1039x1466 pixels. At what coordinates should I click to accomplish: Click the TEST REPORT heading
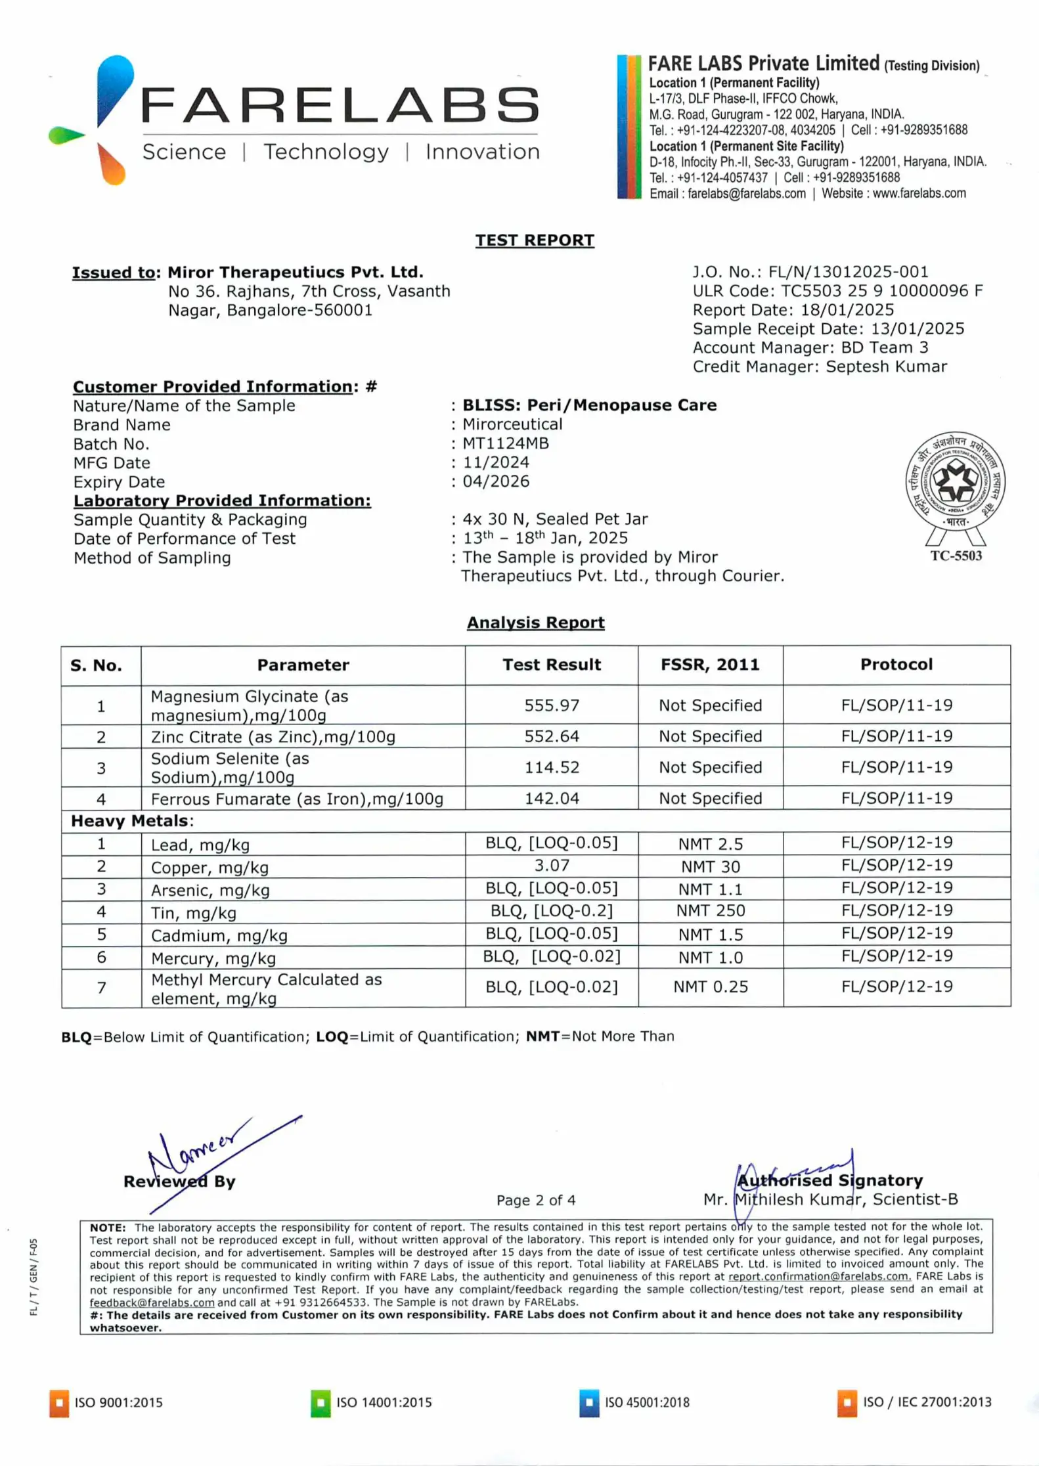pyautogui.click(x=534, y=240)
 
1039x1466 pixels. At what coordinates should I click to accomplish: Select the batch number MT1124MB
pyautogui.click(x=505, y=443)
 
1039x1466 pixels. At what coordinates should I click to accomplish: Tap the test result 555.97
pyautogui.click(x=551, y=705)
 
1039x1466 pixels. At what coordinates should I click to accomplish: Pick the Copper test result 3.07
pyautogui.click(x=551, y=866)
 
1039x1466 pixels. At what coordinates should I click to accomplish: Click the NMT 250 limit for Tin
pyautogui.click(x=710, y=911)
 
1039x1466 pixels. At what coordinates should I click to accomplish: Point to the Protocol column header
pyautogui.click(x=896, y=665)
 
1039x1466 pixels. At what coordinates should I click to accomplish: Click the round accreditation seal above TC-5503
pyautogui.click(x=955, y=481)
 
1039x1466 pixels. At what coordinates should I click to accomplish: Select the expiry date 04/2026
pyautogui.click(x=496, y=481)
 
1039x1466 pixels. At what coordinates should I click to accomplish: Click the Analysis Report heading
pyautogui.click(x=535, y=623)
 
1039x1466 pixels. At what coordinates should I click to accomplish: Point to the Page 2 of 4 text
pyautogui.click(x=535, y=1200)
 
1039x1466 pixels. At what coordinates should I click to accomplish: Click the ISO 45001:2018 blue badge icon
pyautogui.click(x=588, y=1403)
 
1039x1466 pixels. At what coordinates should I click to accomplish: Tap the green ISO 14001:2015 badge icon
pyautogui.click(x=321, y=1403)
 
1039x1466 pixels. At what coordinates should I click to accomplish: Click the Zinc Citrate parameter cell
pyautogui.click(x=273, y=737)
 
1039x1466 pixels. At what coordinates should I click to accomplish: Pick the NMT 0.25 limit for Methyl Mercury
pyautogui.click(x=710, y=987)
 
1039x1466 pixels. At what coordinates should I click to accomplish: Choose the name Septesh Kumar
pyautogui.click(x=886, y=366)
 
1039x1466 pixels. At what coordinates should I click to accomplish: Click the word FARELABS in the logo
pyautogui.click(x=340, y=105)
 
